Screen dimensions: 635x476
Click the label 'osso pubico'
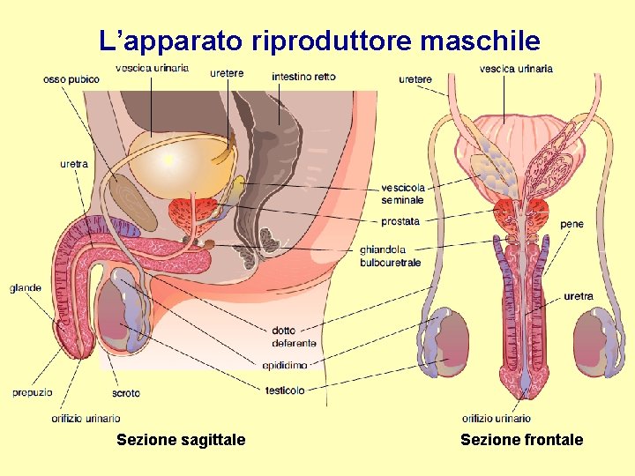point(71,79)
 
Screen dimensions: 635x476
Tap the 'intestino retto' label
point(303,77)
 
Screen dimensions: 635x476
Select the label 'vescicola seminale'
point(402,194)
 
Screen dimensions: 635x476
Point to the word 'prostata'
point(400,221)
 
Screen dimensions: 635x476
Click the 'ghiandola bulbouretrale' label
point(390,256)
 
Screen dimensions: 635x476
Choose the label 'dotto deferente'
point(294,337)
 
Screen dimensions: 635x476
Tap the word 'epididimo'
point(285,365)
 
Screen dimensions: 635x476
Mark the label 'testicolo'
point(285,390)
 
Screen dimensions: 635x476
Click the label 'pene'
point(571,224)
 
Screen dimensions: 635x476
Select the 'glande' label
point(25,288)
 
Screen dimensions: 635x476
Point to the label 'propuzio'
point(32,392)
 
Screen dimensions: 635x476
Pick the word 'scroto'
point(126,393)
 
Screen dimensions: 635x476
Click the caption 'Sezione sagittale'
point(181,440)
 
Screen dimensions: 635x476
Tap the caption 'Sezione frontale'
point(521,440)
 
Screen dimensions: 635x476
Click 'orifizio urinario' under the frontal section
point(497,419)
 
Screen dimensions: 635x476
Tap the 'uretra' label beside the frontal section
point(578,296)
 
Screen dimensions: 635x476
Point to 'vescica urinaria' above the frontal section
point(516,68)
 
